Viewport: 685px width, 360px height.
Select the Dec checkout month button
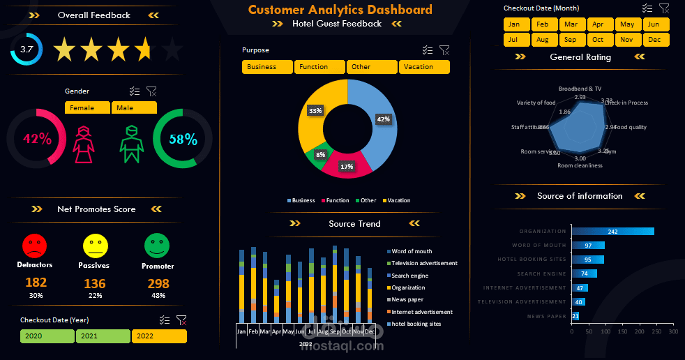[x=655, y=40]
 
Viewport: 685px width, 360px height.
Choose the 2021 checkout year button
[x=103, y=336]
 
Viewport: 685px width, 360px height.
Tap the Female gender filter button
[x=87, y=108]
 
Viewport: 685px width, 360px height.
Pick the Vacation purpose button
[x=424, y=67]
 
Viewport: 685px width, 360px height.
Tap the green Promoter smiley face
[x=157, y=245]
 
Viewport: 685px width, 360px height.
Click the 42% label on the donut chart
[x=383, y=119]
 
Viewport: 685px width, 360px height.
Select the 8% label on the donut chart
[x=320, y=154]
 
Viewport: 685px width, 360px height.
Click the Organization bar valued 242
[x=612, y=232]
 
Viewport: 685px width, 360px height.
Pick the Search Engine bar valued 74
[x=584, y=273]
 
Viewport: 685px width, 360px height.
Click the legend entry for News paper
[x=407, y=299]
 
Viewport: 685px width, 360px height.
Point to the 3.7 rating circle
[x=27, y=49]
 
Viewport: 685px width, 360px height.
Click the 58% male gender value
[x=183, y=139]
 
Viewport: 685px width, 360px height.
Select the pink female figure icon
[x=84, y=144]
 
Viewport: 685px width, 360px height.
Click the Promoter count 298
[x=158, y=284]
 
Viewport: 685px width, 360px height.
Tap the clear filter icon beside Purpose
[x=444, y=50]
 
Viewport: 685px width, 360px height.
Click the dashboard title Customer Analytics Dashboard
[x=340, y=10]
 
